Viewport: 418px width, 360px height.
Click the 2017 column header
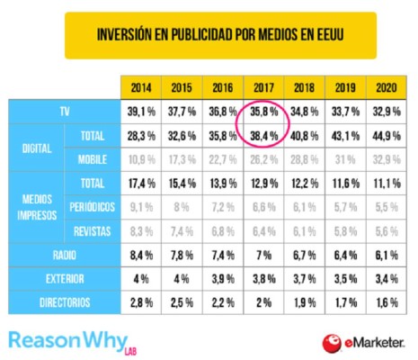262,89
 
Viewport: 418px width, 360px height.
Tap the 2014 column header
141,89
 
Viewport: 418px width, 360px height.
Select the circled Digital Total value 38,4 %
262,136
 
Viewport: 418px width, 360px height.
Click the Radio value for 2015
182,256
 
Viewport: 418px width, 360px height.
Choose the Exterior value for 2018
303,277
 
